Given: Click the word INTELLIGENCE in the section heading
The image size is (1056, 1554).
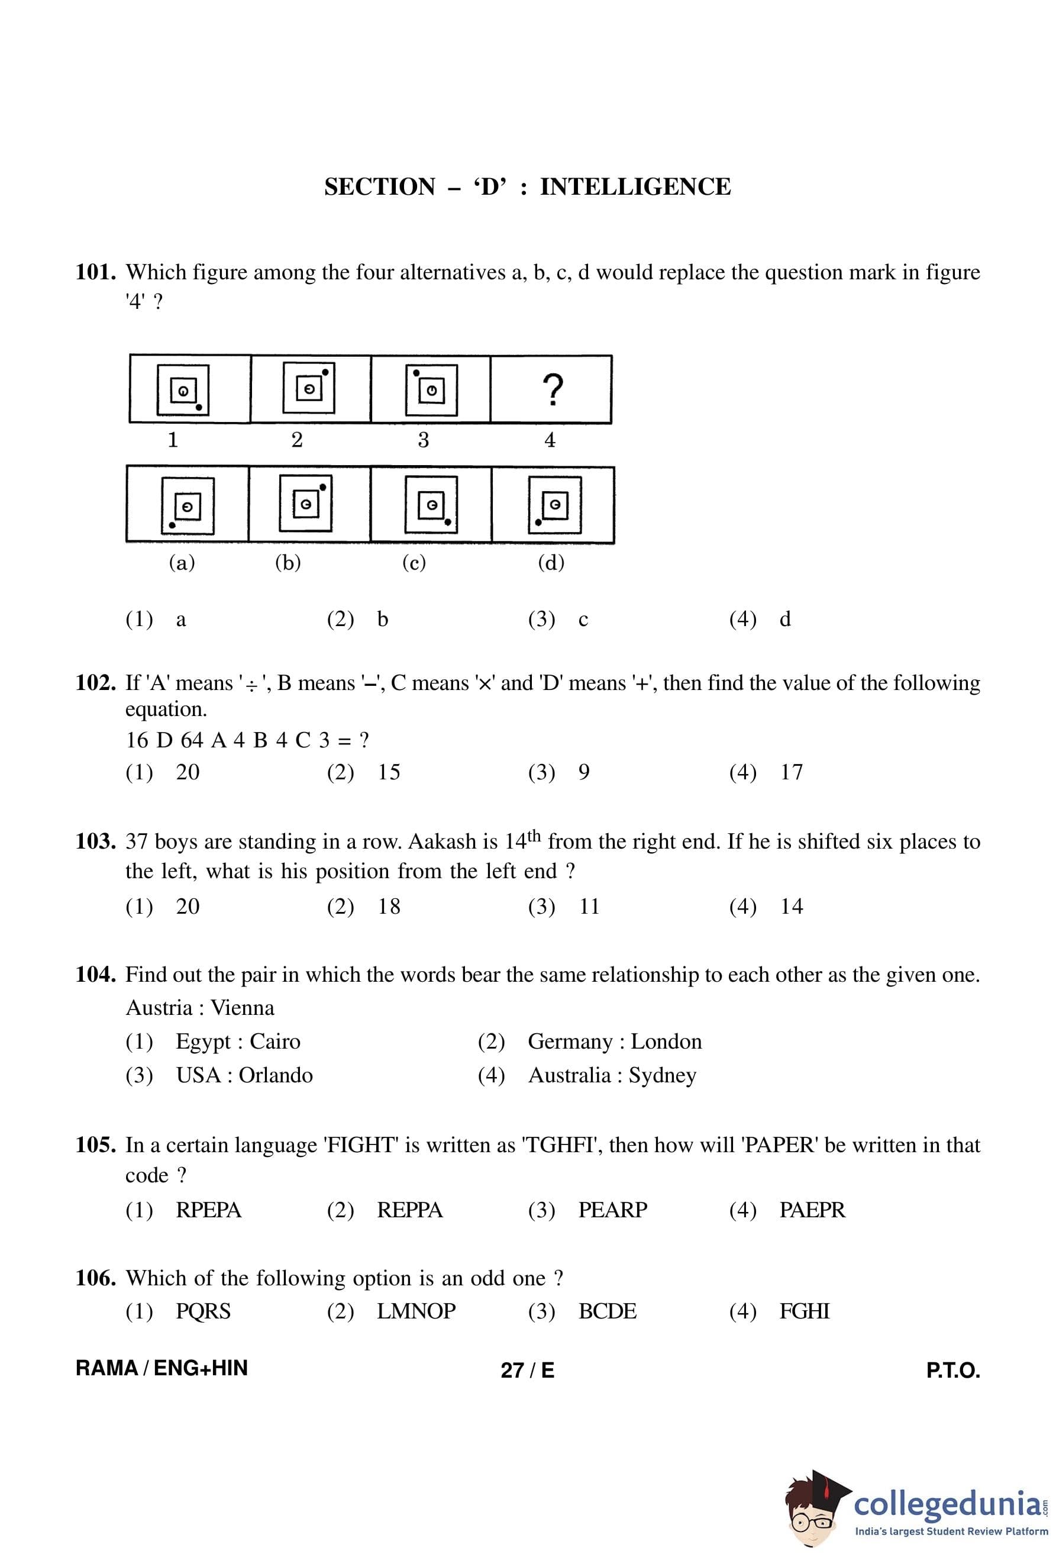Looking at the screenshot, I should coord(635,186).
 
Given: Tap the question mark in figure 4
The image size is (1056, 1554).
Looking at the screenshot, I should coord(552,390).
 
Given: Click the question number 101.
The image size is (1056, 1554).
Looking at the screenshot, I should coord(96,272).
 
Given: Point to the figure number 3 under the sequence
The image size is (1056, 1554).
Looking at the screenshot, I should coord(423,440).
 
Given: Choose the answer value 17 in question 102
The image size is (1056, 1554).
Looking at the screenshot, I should coord(792,772).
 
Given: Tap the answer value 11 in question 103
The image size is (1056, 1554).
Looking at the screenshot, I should coord(589,907).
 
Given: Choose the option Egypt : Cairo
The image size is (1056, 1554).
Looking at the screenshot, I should coord(237,1042).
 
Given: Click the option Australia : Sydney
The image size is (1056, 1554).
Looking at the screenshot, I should coord(612,1075).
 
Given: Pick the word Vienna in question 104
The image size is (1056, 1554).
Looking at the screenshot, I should coord(242,1008).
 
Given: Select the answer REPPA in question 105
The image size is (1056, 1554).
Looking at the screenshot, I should coord(410,1210).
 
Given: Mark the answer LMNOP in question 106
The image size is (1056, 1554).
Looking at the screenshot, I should coord(416,1311).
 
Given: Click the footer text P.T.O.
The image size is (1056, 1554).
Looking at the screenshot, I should coord(952,1371).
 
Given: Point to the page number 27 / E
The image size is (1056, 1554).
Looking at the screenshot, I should coord(527,1371).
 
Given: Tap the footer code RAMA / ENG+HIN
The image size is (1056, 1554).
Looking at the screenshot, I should coord(162,1369).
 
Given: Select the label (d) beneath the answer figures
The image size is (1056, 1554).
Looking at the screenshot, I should coord(551,562).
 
